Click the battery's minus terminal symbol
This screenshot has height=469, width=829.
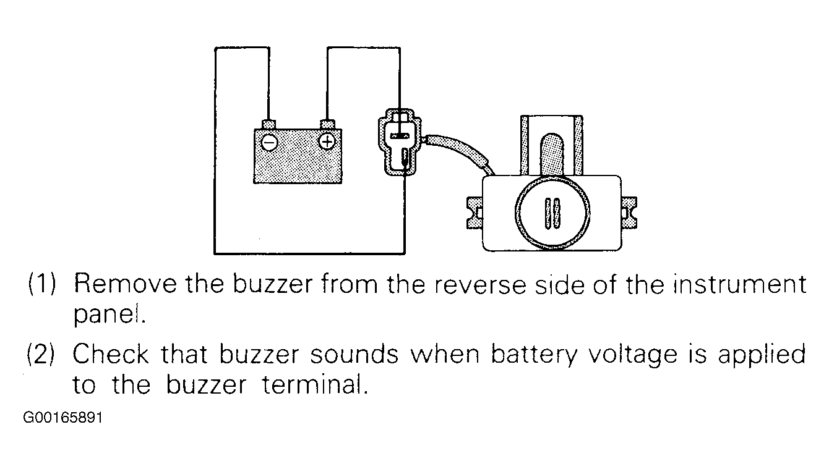coord(269,142)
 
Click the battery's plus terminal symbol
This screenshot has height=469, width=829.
coord(327,142)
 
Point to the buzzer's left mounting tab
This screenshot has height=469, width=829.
coord(474,212)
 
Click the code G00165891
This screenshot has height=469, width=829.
coord(62,418)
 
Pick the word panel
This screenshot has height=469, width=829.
coord(108,316)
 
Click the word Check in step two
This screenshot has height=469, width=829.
coord(111,355)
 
